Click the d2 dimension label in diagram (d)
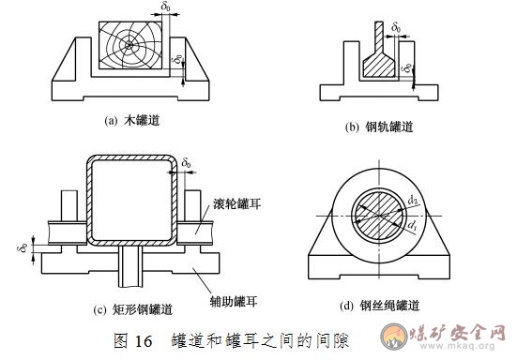click(414, 201)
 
